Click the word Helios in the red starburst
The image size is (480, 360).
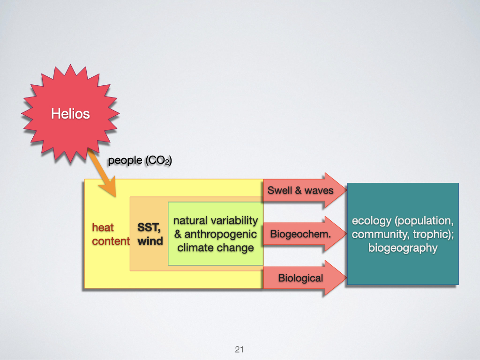70,113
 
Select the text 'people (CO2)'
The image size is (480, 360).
140,160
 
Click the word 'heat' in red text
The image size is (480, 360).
103,228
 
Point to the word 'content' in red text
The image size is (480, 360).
111,241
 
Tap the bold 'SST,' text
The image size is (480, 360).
149,228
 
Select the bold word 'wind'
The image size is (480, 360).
150,241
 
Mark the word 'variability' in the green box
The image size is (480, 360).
235,220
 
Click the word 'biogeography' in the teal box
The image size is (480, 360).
403,248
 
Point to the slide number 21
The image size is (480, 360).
240,349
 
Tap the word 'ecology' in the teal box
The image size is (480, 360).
370,221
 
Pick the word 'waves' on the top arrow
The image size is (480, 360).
319,191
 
